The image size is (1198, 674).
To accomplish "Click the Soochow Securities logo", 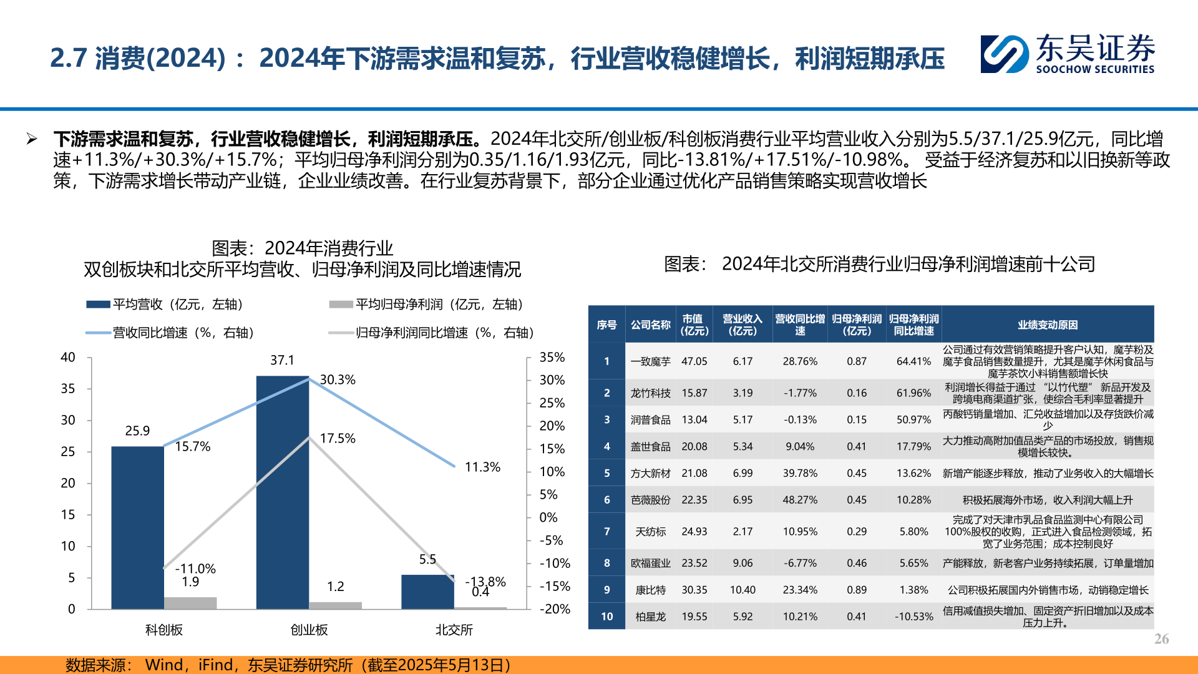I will click(1067, 54).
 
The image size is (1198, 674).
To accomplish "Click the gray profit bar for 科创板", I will click(190, 603).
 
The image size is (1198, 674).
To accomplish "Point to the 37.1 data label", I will click(282, 360).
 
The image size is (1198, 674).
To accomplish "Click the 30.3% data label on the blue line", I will click(338, 379).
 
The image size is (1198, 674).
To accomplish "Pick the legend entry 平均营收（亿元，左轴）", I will click(165, 304).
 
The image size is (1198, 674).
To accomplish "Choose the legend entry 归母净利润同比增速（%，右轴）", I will click(432, 333).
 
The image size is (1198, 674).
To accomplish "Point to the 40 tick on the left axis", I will click(67, 357).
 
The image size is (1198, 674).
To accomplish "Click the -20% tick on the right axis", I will click(554, 609).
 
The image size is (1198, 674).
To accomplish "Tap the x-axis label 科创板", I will click(163, 630).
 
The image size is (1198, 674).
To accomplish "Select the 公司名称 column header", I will click(650, 325).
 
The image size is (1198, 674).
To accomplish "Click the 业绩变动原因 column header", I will click(1047, 325).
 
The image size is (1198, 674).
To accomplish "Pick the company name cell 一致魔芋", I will click(650, 361).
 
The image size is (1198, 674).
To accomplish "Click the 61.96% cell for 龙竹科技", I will click(913, 393).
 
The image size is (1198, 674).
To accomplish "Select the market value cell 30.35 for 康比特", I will click(694, 590).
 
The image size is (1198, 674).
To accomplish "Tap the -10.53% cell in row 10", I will click(913, 617).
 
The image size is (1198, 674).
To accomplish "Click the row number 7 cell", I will click(606, 531).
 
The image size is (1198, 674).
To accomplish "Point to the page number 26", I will click(1161, 638).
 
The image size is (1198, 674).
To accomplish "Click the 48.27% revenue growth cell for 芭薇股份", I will click(799, 500).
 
